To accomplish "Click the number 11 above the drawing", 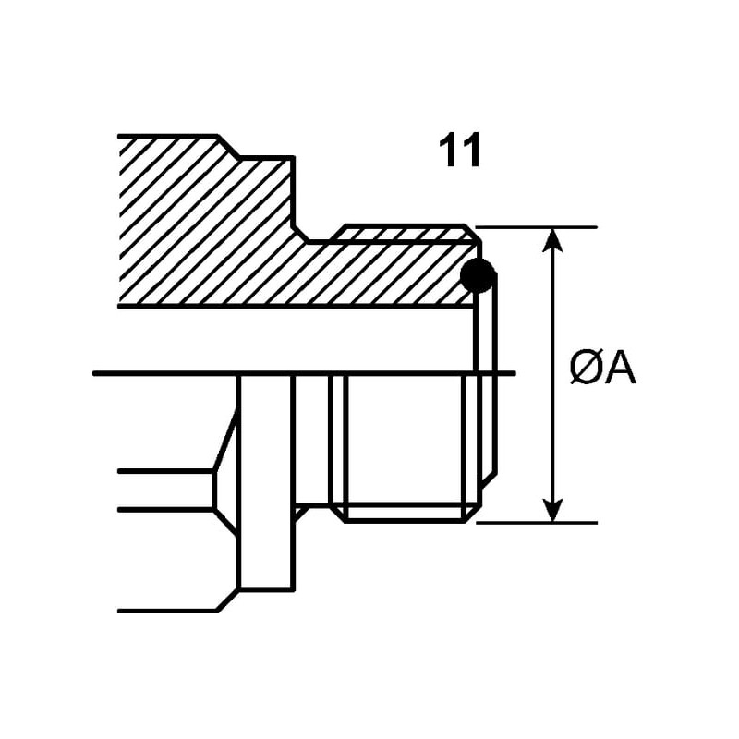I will [460, 151].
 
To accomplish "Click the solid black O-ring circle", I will [477, 275].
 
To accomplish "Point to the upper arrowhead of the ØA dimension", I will [552, 238].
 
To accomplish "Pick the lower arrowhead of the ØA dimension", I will [552, 510].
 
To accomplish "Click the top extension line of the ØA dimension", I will [536, 226].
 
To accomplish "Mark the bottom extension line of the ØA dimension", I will [536, 522].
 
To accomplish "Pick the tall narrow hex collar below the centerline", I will [266, 480].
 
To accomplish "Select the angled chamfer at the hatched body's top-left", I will [228, 147].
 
